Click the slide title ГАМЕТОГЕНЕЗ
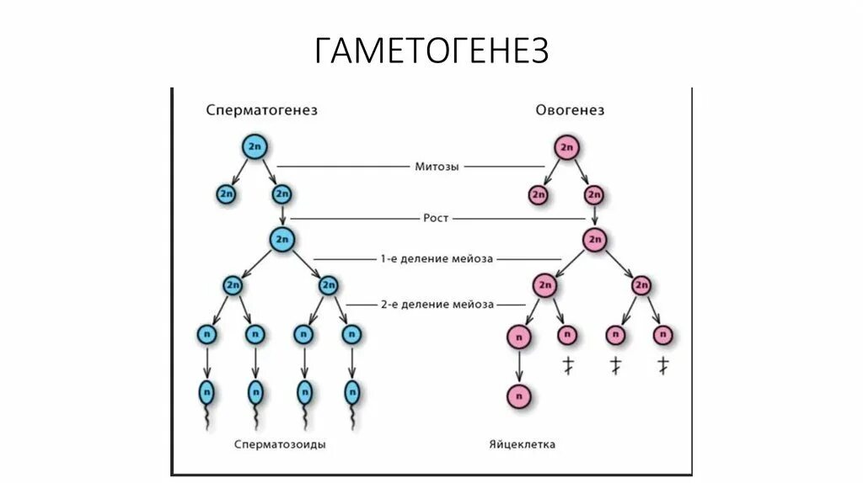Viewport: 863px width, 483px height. click(431, 50)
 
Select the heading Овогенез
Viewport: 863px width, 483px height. click(570, 110)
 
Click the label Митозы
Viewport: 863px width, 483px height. click(437, 167)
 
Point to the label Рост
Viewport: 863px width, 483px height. click(437, 218)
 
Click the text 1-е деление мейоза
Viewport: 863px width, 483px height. click(437, 258)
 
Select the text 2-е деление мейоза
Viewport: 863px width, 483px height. click(437, 304)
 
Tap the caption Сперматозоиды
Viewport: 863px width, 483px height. click(281, 444)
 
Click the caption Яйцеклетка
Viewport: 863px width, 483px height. click(522, 444)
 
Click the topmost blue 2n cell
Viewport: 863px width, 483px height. click(254, 147)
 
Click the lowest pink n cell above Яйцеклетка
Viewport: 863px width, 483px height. click(519, 394)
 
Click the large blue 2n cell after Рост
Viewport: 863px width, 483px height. click(282, 239)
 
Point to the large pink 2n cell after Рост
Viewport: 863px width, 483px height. click(595, 239)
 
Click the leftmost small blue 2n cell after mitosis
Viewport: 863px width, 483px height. click(226, 194)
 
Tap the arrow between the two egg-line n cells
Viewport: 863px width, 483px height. click(519, 365)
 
